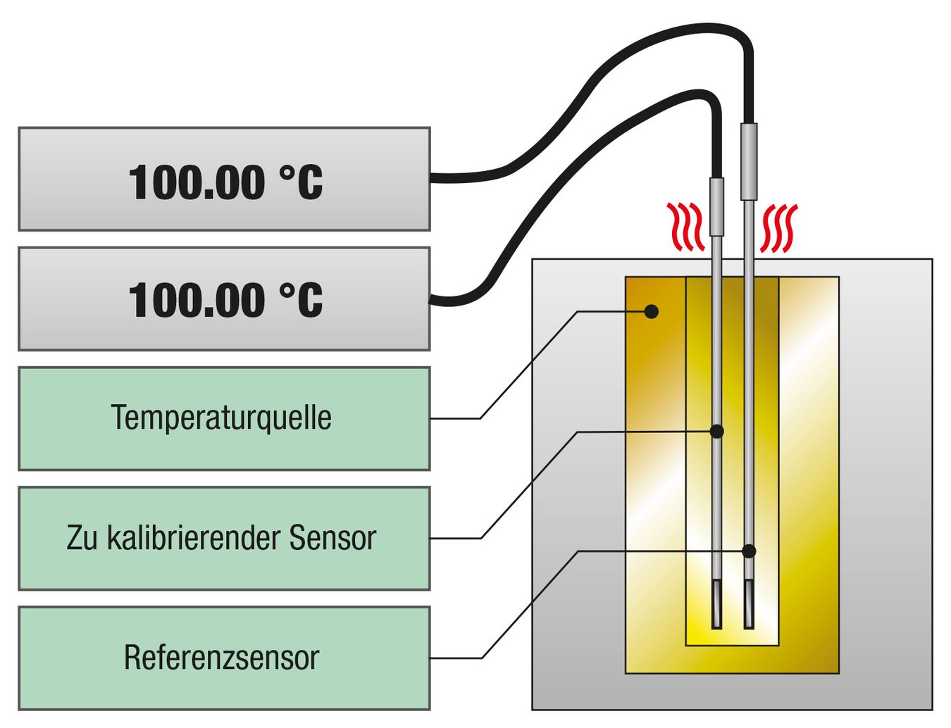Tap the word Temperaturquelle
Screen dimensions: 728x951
[x=221, y=418]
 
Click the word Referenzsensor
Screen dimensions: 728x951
[x=221, y=658]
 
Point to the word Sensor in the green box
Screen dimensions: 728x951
[x=332, y=538]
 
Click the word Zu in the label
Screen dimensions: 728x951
[x=82, y=538]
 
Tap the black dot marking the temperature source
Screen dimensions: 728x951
[x=652, y=311]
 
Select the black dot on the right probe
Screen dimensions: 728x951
[x=749, y=551]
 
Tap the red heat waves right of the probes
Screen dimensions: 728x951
[x=779, y=228]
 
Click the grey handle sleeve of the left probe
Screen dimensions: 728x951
[x=716, y=206]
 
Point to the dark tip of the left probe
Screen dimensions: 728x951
[x=716, y=604]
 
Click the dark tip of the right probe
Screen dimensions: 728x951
[x=749, y=604]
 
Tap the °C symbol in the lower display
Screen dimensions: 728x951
[x=301, y=300]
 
